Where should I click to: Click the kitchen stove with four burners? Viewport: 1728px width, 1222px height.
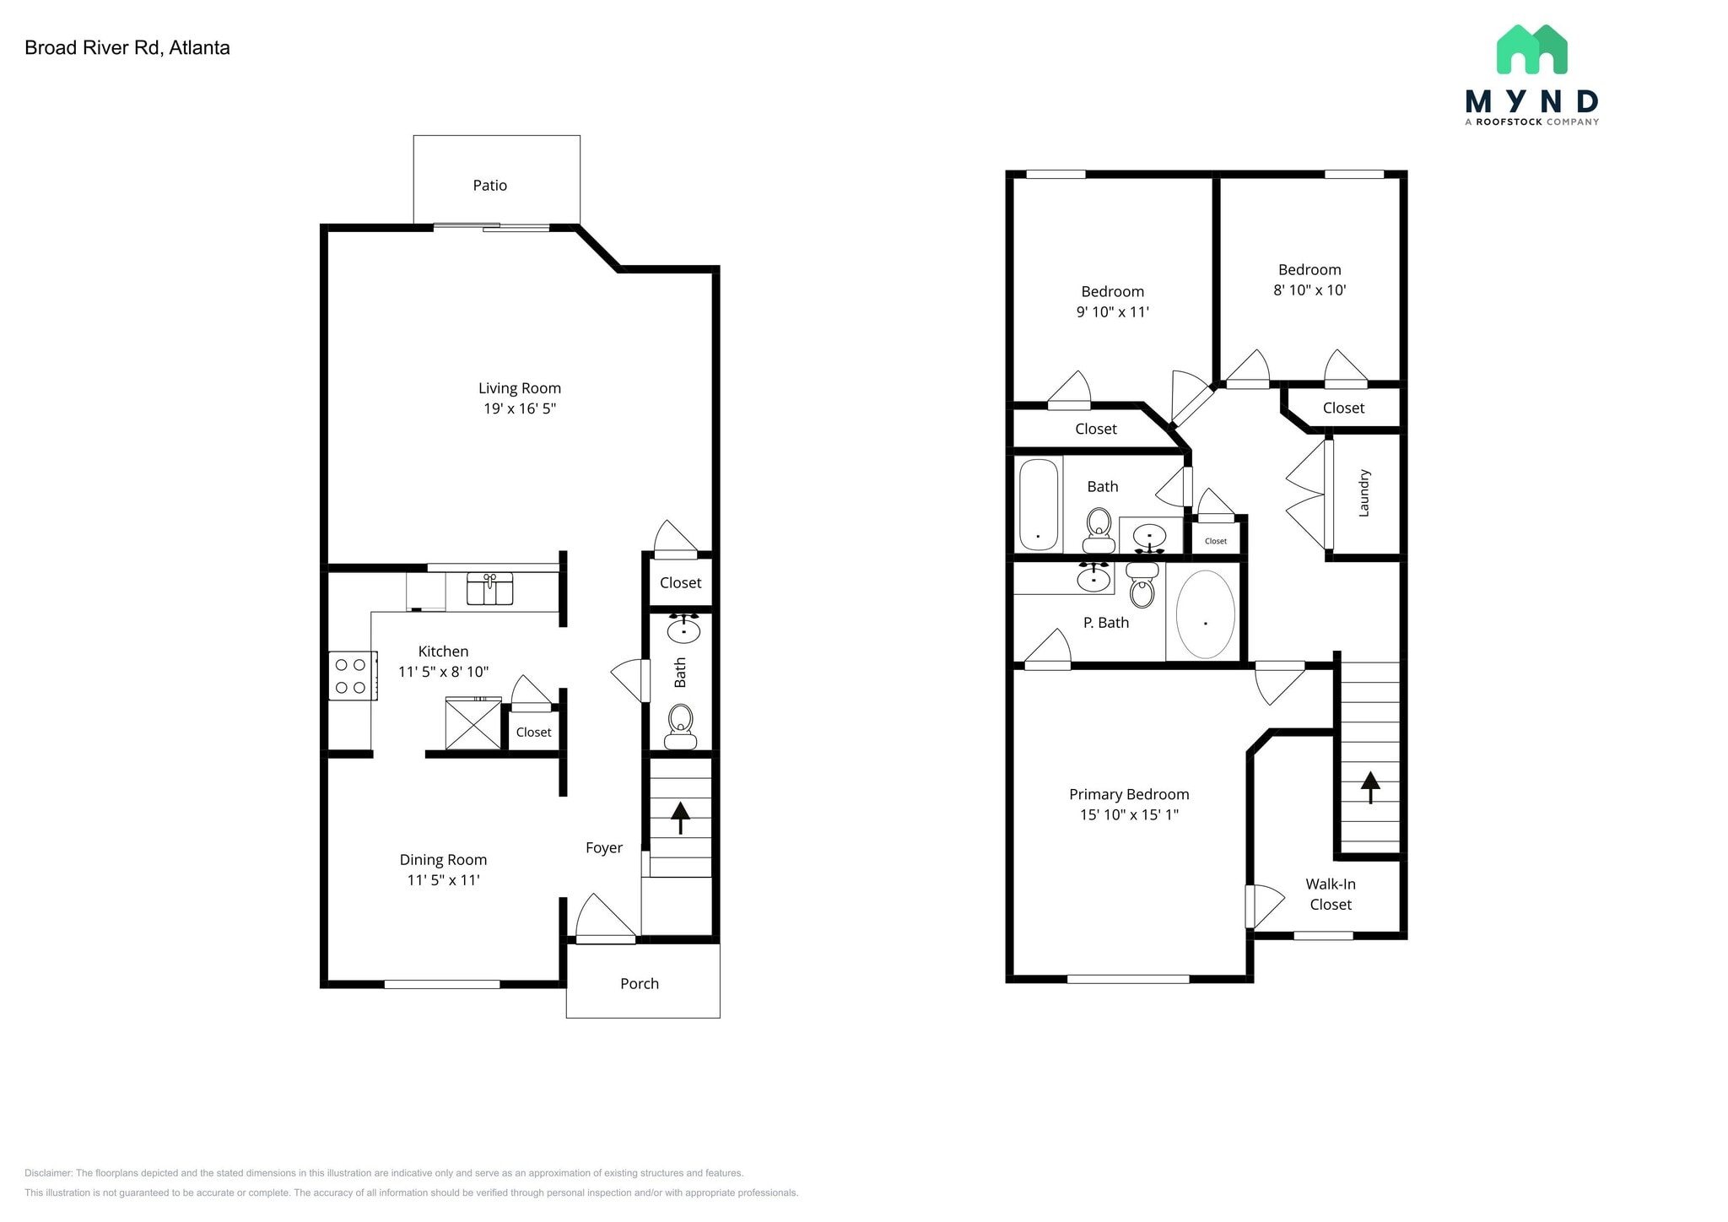(x=353, y=675)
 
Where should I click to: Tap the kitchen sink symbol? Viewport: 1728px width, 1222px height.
(x=490, y=588)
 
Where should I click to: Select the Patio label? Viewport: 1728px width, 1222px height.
(x=490, y=186)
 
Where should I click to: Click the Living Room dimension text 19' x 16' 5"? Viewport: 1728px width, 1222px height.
(x=520, y=409)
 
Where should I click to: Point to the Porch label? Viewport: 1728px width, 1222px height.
(x=640, y=984)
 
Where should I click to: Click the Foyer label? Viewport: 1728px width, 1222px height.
(x=604, y=848)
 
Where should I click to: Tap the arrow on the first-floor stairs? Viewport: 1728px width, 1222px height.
(x=680, y=818)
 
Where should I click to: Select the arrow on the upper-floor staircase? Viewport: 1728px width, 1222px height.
(x=1370, y=787)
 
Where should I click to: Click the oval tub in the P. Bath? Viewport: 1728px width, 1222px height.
(x=1206, y=614)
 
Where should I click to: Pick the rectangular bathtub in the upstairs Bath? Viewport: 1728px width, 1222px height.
(x=1039, y=505)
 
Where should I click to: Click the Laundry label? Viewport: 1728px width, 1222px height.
(x=1364, y=493)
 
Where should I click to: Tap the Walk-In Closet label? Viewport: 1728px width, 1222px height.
(x=1331, y=895)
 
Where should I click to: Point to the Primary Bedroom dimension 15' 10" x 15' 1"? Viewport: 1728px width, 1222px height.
(x=1129, y=815)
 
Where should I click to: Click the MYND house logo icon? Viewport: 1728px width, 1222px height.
(x=1532, y=49)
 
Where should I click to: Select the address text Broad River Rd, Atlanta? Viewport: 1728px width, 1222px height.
(x=127, y=48)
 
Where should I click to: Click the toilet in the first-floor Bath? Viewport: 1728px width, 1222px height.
(x=680, y=727)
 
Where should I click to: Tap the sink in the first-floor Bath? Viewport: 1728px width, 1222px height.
(x=683, y=628)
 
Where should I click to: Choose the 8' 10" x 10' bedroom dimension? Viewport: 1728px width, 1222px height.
(x=1309, y=290)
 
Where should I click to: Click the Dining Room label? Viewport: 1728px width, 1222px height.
(x=443, y=860)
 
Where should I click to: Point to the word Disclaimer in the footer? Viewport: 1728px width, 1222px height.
(x=48, y=1173)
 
